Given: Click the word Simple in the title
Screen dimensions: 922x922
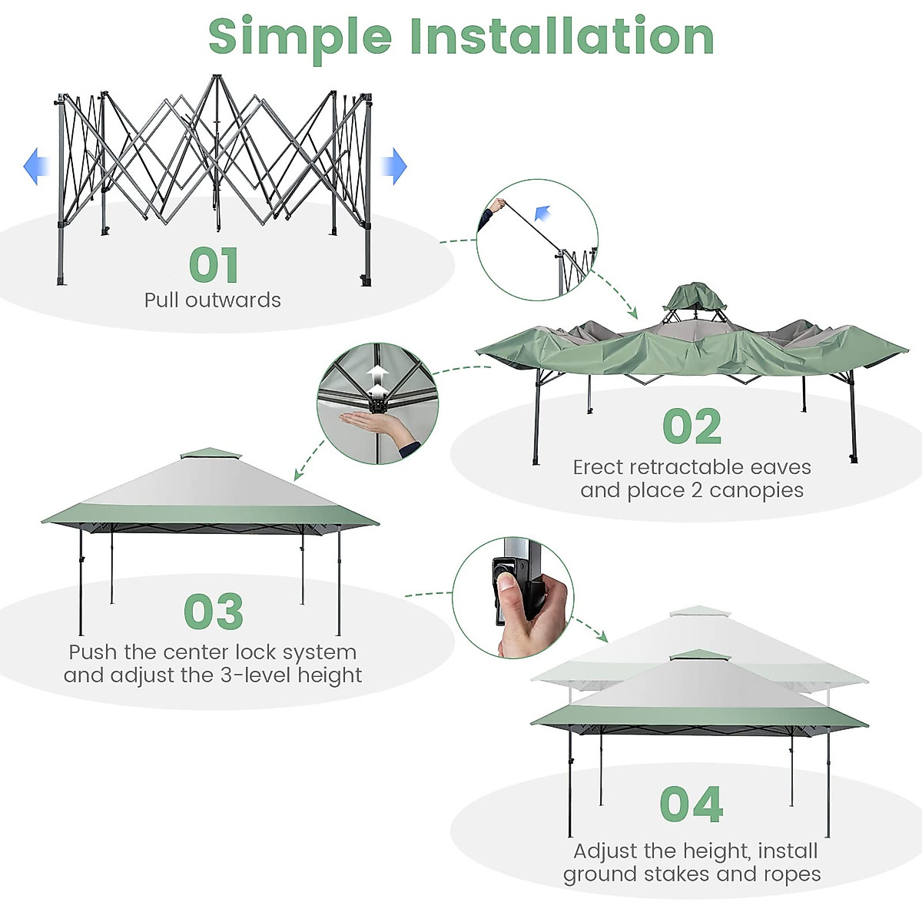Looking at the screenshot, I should [300, 37].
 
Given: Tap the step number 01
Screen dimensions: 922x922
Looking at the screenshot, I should [214, 265].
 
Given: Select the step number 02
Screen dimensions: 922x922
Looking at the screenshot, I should [691, 427].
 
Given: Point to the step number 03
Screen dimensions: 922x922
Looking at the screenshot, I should [214, 612].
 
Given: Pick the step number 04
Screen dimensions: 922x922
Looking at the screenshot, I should [691, 804].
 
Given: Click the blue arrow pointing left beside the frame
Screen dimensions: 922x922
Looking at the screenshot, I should [35, 167].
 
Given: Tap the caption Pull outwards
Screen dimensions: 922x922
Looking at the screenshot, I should [213, 300].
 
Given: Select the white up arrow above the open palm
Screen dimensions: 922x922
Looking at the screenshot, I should [377, 376].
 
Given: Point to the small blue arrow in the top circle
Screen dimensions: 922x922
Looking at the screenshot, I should [543, 213].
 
